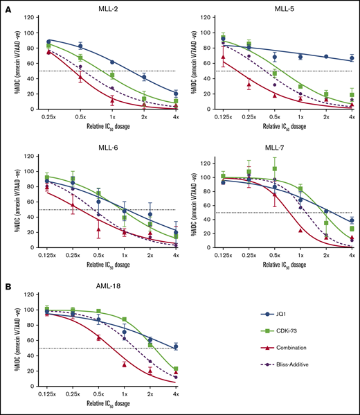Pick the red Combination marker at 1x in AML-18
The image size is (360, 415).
pos(124,364)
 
